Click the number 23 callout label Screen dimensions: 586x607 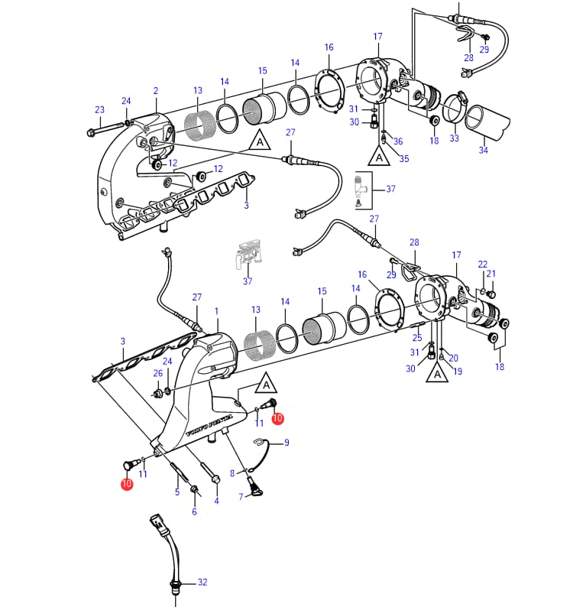click(x=100, y=109)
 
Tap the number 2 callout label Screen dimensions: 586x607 click(x=156, y=90)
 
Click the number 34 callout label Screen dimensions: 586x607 click(x=483, y=150)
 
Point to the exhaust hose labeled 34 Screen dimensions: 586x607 click(x=487, y=122)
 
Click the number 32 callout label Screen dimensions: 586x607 click(x=202, y=582)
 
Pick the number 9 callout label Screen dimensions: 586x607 click(x=287, y=442)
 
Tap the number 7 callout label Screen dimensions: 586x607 click(x=241, y=497)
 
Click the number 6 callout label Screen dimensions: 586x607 click(x=194, y=511)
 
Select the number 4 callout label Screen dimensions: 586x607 click(x=217, y=501)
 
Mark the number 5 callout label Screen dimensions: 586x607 click(x=177, y=492)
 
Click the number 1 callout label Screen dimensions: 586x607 click(x=217, y=311)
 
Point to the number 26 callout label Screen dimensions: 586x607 click(x=158, y=373)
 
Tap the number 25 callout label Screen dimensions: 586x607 click(x=417, y=338)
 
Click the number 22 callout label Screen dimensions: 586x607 click(x=483, y=264)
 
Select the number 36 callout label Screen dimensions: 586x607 click(x=398, y=141)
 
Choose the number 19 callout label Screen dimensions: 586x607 click(x=458, y=372)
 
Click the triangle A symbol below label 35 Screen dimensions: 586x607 click(x=379, y=156)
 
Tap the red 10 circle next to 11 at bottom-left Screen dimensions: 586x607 click(x=127, y=483)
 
